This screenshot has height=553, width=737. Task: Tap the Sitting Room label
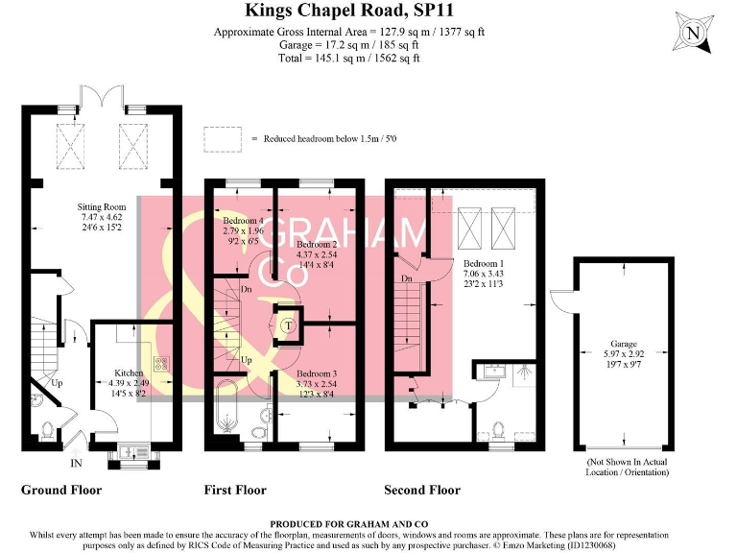102,206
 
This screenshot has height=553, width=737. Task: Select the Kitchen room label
129,373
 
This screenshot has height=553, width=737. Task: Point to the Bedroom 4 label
243,221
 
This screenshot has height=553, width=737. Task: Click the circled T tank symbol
287,326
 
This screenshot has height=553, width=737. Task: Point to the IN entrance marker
76,464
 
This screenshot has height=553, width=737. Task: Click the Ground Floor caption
61,491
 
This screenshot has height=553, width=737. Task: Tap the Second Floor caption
422,491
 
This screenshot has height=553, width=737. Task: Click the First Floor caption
235,491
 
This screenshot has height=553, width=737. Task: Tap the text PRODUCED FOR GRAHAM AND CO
368,523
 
